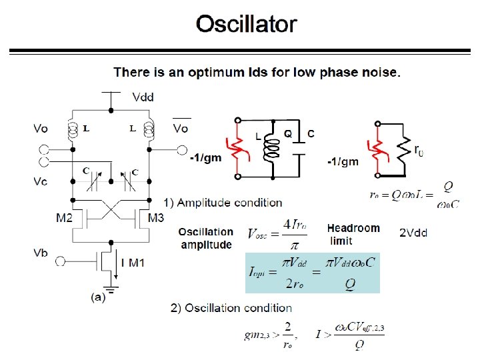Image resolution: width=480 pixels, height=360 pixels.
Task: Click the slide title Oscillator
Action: click(x=246, y=25)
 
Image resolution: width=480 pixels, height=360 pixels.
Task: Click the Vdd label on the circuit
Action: click(x=143, y=97)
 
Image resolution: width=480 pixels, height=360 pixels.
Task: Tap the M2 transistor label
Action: click(x=64, y=218)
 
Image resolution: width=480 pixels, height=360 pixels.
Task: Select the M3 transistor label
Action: click(x=155, y=218)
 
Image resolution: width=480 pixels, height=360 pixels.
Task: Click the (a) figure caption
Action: click(x=98, y=298)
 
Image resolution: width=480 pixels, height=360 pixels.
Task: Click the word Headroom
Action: click(x=353, y=228)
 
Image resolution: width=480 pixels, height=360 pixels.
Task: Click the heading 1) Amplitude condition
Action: click(x=223, y=202)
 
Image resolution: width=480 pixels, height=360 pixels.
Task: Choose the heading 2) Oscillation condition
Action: click(x=231, y=308)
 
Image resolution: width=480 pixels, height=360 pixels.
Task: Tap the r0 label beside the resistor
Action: click(x=418, y=151)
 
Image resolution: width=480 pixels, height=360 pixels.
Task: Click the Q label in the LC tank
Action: click(x=288, y=133)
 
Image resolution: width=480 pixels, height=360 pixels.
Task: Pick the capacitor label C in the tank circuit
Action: click(x=311, y=133)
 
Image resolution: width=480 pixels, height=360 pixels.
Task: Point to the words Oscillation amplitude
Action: click(x=206, y=238)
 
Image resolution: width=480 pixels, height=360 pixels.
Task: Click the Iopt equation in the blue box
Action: click(x=312, y=273)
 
